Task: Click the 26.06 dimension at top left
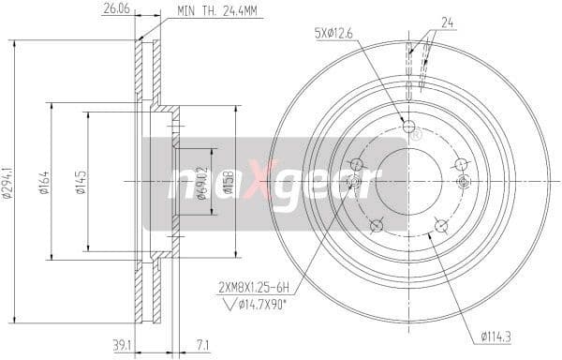[x=114, y=11]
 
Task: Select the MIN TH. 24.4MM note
[x=219, y=11]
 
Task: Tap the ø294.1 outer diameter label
[x=10, y=172]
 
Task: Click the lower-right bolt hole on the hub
[x=441, y=223]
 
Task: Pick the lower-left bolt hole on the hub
[x=376, y=223]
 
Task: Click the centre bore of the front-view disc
[x=408, y=179]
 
